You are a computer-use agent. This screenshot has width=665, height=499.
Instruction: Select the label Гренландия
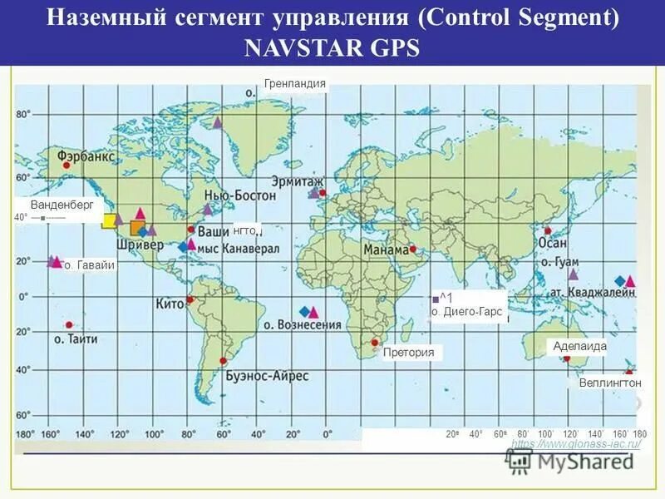pos(295,83)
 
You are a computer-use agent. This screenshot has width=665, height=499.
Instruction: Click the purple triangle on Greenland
pos(217,122)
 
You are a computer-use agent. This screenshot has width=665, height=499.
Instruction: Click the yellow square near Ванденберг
pos(108,220)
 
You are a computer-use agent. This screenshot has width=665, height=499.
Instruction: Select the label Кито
pos(169,305)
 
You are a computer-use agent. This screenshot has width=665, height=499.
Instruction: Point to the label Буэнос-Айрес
pos(267,376)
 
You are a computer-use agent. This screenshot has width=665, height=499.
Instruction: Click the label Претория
pos(409,353)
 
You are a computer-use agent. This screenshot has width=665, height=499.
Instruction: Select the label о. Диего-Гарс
pos(467,312)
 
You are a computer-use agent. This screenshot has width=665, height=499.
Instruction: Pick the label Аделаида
pos(580,346)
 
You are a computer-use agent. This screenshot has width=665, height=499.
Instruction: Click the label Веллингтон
pos(610,383)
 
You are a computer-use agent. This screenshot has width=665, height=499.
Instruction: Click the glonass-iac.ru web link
pos(575,444)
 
